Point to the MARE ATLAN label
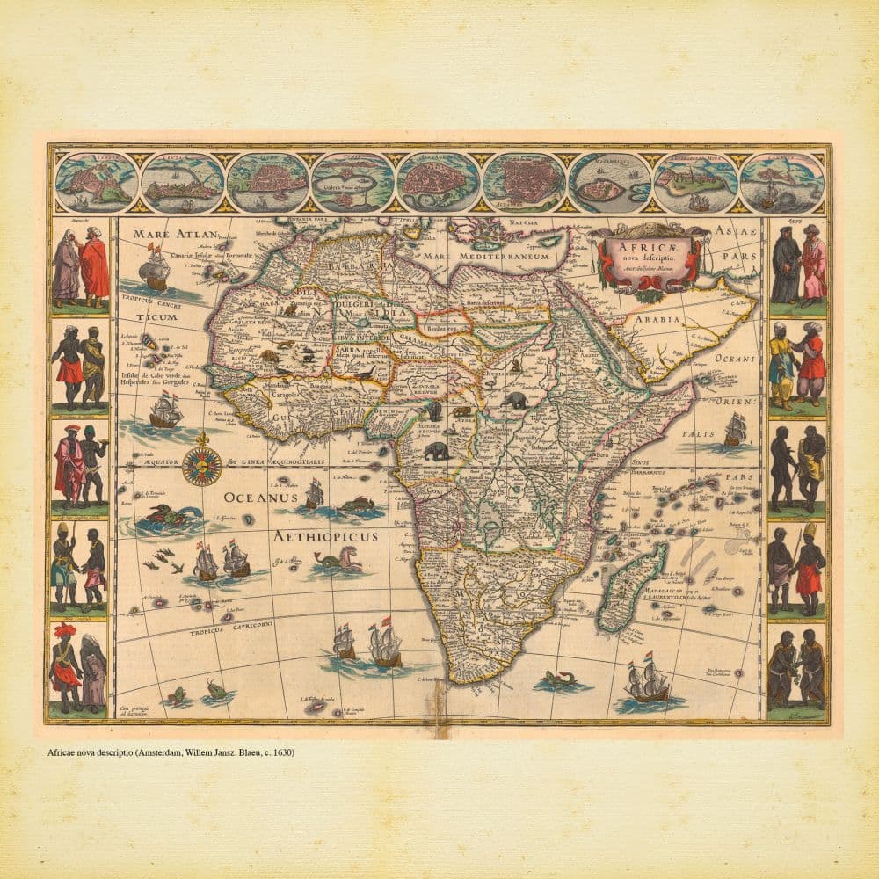(x=167, y=236)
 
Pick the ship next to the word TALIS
(x=735, y=431)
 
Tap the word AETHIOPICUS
(x=325, y=536)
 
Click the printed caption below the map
(x=171, y=753)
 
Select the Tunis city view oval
(x=353, y=182)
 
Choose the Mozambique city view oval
(x=609, y=182)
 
